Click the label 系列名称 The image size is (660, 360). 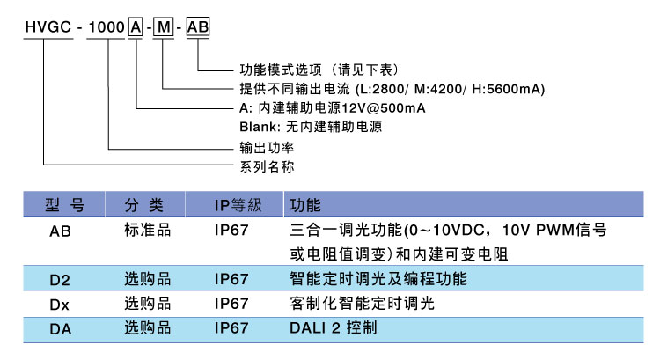pos(268,166)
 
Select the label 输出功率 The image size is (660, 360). pos(268,147)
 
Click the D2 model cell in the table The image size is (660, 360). pos(60,280)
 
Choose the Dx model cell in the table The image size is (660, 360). pos(60,304)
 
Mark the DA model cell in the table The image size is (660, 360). pos(60,327)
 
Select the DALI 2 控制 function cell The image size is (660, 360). pos(334,327)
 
